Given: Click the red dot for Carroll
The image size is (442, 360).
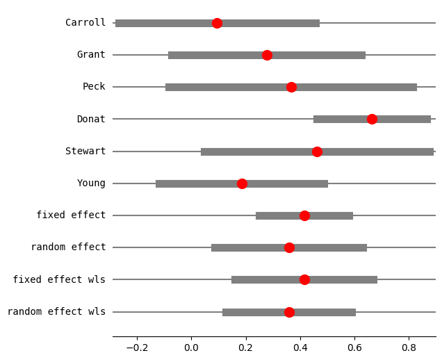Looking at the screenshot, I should [217, 23].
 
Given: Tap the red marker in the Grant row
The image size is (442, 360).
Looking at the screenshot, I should [267, 55].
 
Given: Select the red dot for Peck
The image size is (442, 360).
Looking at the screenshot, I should [291, 87].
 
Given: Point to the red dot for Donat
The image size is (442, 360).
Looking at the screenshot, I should [372, 119].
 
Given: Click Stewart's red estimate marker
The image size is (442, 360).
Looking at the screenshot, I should [317, 152].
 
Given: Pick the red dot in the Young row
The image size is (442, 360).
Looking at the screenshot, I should [242, 183].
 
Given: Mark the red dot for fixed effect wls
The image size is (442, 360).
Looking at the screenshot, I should [304, 279].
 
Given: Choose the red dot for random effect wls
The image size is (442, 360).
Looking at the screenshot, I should [289, 312].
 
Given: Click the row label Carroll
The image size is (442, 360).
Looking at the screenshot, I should [85, 23].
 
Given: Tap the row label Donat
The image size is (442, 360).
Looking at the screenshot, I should [91, 119].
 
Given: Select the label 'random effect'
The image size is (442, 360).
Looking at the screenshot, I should [68, 247].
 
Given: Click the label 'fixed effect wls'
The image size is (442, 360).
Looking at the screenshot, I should [59, 279].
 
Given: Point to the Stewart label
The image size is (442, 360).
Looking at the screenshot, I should [85, 152].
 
